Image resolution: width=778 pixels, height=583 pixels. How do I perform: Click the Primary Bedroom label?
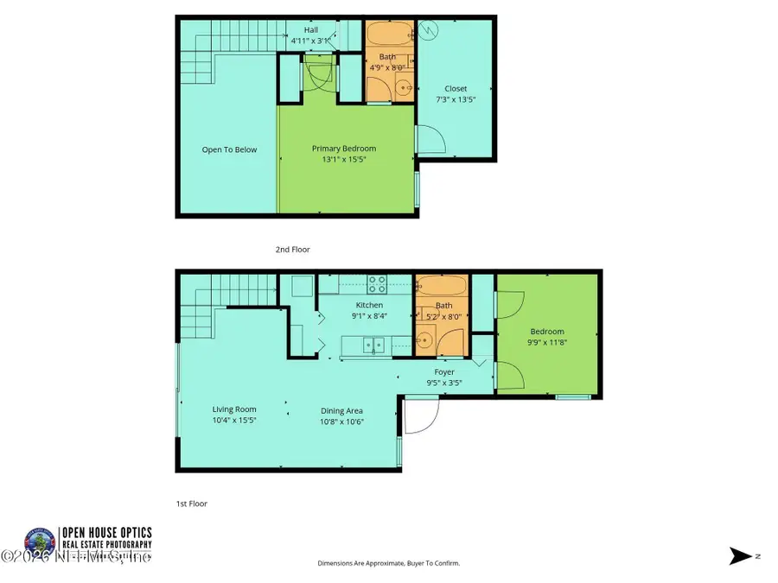[x=343, y=149]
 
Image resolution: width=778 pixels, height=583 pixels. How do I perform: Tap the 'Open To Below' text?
[x=229, y=149]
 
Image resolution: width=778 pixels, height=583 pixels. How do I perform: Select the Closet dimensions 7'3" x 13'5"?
[x=456, y=99]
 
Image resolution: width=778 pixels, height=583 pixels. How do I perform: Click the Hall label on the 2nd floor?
[x=310, y=29]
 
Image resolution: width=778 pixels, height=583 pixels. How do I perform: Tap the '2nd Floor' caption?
[x=292, y=250]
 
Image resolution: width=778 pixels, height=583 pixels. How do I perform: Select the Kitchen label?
[x=369, y=305]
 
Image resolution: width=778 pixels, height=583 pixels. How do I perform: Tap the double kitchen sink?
[x=373, y=345]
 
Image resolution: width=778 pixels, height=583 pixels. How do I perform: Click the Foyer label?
[x=444, y=372]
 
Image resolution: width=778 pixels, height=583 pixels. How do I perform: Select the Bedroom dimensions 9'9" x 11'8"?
[x=546, y=342]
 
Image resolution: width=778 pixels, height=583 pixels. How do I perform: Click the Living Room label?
[x=234, y=409]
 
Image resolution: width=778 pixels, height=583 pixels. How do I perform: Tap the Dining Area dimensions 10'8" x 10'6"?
[x=341, y=421]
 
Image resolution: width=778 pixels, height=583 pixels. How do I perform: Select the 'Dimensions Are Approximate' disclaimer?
[x=388, y=563]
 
